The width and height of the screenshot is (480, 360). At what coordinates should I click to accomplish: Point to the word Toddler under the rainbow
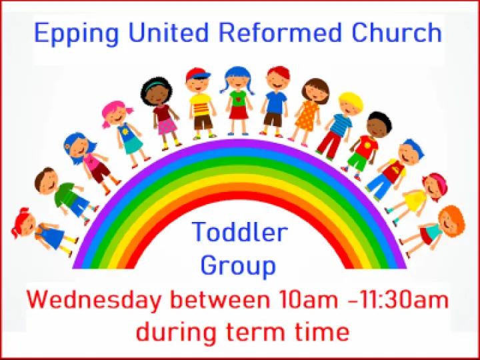(240, 233)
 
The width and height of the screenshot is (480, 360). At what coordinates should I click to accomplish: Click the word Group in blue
(238, 266)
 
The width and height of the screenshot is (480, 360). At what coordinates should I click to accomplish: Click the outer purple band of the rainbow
(240, 145)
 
